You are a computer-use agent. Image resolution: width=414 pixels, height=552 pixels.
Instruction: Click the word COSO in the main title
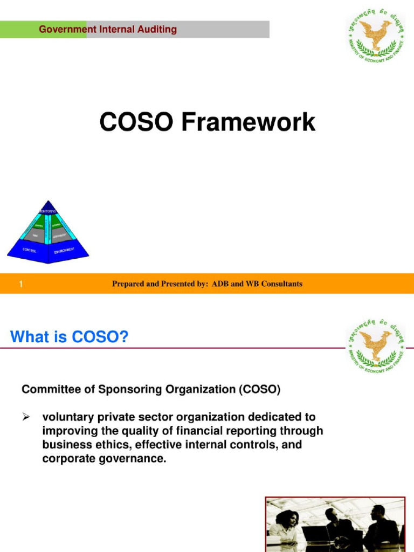pos(136,122)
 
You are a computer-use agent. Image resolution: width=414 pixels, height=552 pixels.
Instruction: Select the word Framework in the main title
pos(248,122)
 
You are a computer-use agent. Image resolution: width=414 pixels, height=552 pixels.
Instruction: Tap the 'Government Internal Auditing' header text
pos(108,29)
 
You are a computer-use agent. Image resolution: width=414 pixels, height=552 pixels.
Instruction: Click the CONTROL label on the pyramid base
pos(30,250)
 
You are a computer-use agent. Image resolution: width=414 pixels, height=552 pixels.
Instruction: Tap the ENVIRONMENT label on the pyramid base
pos(65,251)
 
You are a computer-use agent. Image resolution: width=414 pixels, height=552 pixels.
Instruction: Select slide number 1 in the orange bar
pos(21,284)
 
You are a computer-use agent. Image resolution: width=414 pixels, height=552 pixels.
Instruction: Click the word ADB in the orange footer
pos(220,284)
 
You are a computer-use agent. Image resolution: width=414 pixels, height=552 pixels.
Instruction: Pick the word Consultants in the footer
pos(281,284)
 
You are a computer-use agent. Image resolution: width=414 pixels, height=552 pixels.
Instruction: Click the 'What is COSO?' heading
pos(69,337)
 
